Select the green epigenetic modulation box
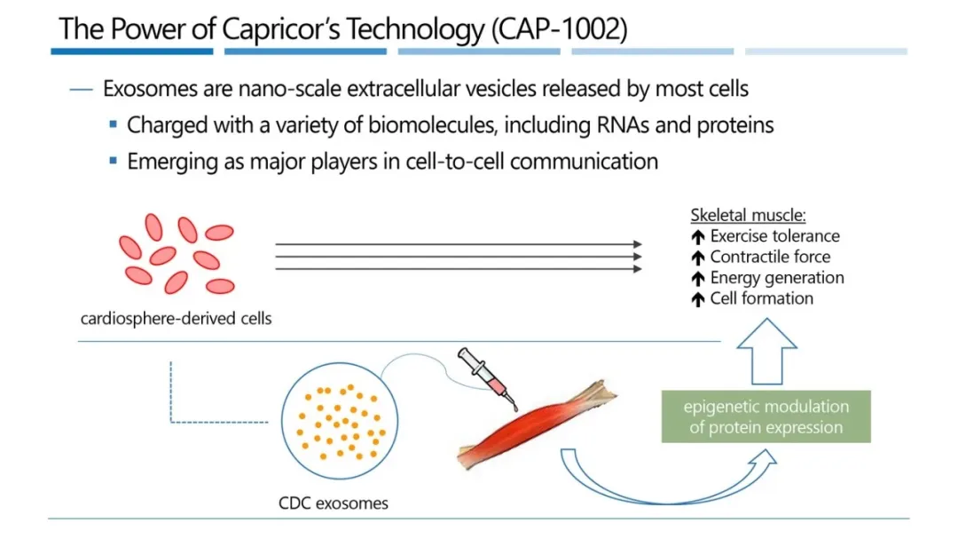coord(766,416)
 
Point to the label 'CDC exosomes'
coord(334,503)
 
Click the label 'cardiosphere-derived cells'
coord(176,318)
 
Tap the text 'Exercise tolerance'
coord(774,236)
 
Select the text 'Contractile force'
coord(770,257)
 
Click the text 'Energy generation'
coord(777,278)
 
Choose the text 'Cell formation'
coord(761,298)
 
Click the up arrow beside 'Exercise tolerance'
coord(698,237)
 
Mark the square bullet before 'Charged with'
coord(113,124)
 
